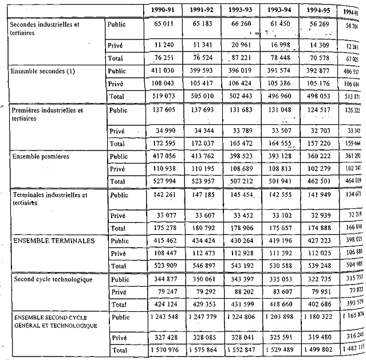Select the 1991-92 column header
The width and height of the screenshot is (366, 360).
click(x=203, y=10)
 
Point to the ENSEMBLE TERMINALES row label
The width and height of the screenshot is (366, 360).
click(x=53, y=241)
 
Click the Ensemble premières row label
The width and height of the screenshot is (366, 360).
click(x=39, y=156)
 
